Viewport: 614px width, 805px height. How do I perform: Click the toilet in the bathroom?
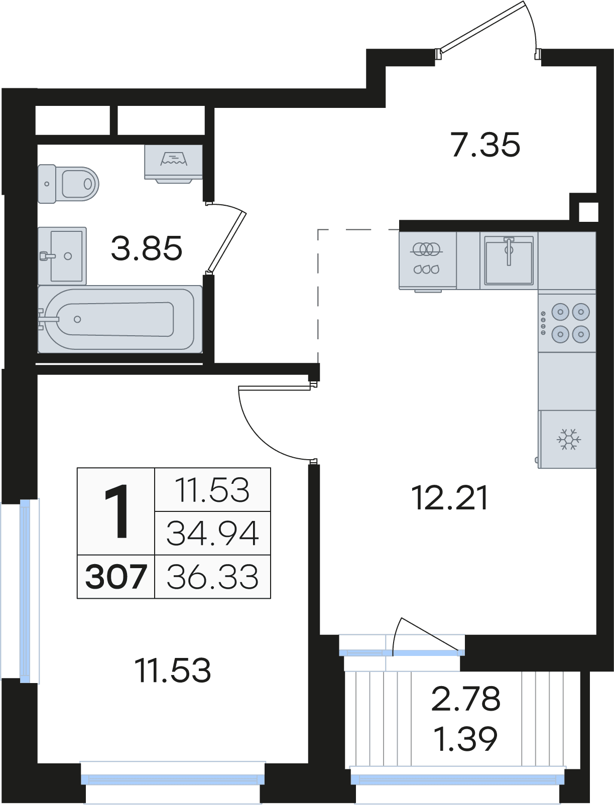(69, 184)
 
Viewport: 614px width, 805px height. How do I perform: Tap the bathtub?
(120, 319)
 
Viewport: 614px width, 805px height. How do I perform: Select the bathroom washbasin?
(62, 255)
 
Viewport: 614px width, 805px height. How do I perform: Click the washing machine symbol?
(174, 164)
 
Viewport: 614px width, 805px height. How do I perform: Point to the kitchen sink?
(509, 260)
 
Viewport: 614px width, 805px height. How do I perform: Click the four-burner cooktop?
(567, 323)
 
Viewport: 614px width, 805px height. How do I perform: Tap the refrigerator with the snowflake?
(567, 439)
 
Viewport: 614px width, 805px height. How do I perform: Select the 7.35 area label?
(485, 145)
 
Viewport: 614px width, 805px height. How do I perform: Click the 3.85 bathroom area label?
(147, 248)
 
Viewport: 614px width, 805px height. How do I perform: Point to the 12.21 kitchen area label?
(450, 498)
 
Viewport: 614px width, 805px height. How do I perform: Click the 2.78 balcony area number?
(466, 699)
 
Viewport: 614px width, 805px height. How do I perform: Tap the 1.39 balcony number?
(465, 739)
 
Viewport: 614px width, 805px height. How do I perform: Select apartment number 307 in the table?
(116, 577)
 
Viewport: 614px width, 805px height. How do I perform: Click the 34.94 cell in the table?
(213, 533)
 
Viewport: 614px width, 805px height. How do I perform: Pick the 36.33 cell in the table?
(213, 577)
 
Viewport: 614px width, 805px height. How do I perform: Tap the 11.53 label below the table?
(173, 670)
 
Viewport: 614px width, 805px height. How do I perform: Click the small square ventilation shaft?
(588, 212)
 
